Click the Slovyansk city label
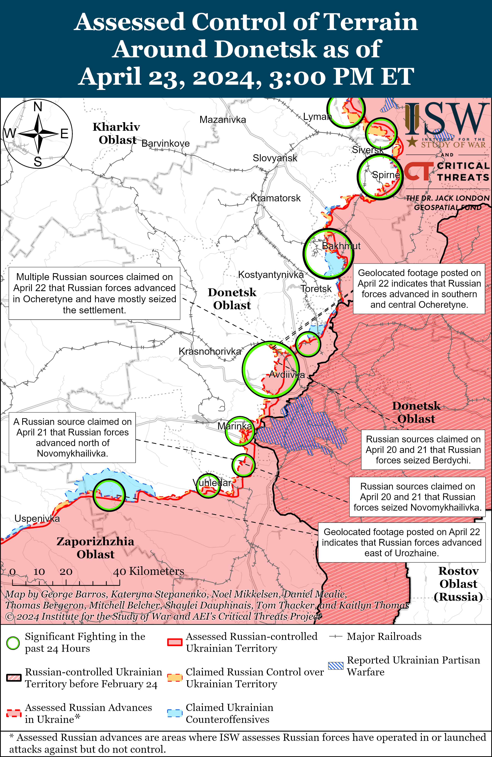click(x=275, y=158)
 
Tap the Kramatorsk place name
click(x=276, y=198)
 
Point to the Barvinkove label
click(x=165, y=143)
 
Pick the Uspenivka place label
click(x=37, y=519)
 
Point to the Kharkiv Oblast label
click(x=117, y=133)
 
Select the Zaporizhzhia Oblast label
click(x=95, y=548)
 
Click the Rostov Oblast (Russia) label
click(x=459, y=584)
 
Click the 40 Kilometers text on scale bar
click(x=148, y=571)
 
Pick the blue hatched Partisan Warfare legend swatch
click(x=336, y=666)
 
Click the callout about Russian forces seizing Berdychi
click(x=423, y=450)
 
